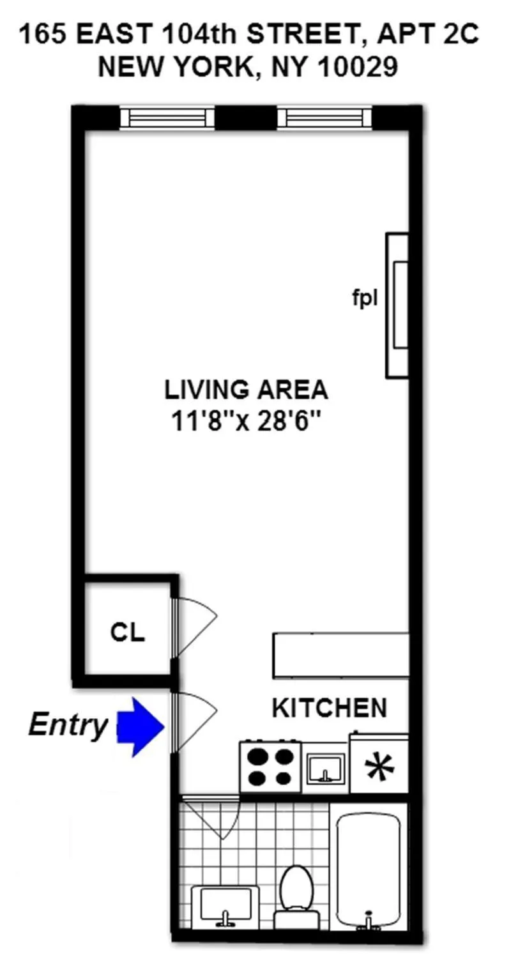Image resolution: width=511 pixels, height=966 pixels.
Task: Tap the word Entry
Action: [x=68, y=725]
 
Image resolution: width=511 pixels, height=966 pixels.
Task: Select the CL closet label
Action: [x=128, y=632]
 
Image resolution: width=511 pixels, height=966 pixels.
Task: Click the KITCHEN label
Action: [x=330, y=708]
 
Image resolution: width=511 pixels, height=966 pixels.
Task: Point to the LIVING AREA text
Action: [x=246, y=389]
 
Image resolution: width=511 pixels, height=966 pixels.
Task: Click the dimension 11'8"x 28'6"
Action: [x=246, y=421]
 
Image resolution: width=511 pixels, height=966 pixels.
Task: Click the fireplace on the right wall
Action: [x=397, y=305]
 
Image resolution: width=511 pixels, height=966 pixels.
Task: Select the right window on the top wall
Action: [x=324, y=118]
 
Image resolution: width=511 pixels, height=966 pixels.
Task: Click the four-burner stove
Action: [x=271, y=767]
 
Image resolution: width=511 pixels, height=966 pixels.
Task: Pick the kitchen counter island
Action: [x=341, y=654]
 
